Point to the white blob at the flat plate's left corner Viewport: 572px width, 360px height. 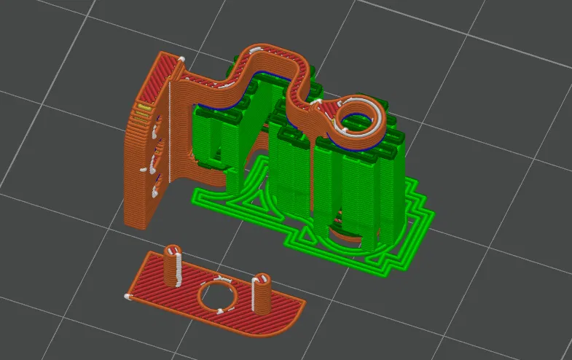click(x=128, y=297)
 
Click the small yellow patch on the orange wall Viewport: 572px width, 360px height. click(x=144, y=109)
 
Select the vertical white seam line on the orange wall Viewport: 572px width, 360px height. click(x=171, y=131)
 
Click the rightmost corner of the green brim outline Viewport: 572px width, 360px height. click(x=434, y=216)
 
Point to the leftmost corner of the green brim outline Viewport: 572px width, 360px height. click(x=193, y=195)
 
